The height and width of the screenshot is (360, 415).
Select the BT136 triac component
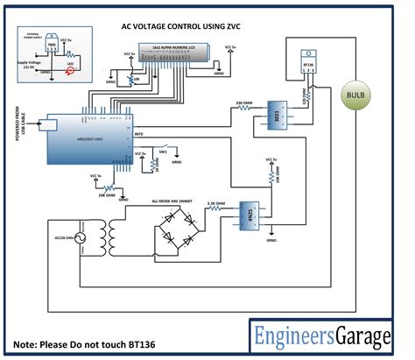pyautogui.click(x=308, y=64)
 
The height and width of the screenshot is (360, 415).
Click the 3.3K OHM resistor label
pyautogui.click(x=216, y=202)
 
